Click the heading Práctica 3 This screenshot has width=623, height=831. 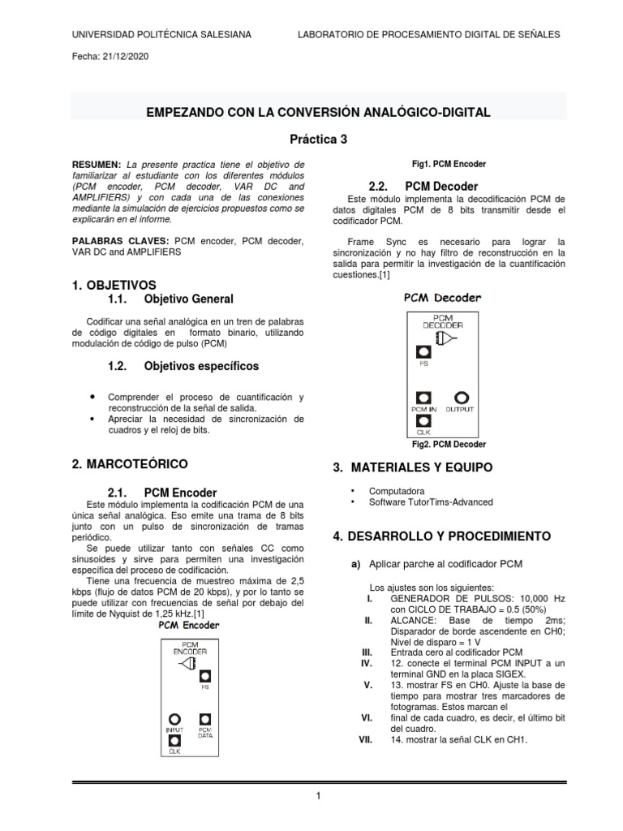(x=319, y=139)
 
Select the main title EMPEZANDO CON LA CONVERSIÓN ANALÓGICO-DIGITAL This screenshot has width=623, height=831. (x=318, y=112)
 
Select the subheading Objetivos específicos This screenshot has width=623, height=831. (x=201, y=366)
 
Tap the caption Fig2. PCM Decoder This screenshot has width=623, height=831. (x=449, y=445)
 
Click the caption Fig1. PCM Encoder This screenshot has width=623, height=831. (x=449, y=164)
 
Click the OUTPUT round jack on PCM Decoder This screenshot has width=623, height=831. (x=462, y=398)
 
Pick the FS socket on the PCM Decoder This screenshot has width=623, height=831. (x=423, y=352)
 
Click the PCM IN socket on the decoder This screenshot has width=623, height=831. (x=423, y=398)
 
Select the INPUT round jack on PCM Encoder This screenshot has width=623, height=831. (x=174, y=719)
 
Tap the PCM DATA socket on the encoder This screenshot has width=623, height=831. (x=205, y=719)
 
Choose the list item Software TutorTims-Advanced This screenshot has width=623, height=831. (x=431, y=502)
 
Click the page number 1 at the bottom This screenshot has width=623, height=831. (x=319, y=796)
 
